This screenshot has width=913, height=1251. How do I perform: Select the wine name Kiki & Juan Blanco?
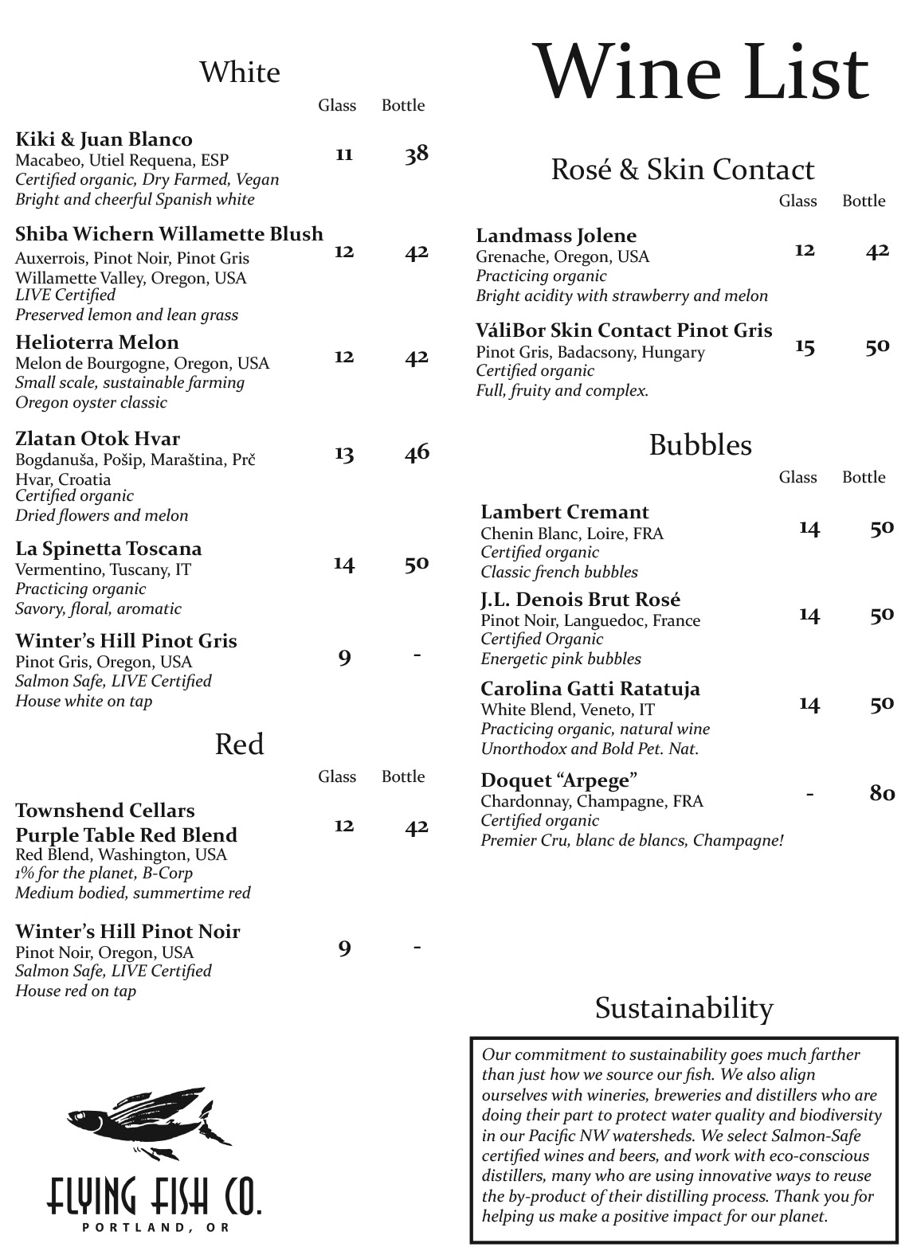click(x=104, y=139)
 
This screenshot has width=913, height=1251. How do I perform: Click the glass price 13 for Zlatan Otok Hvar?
click(x=343, y=453)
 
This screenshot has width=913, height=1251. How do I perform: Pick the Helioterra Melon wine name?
click(x=96, y=342)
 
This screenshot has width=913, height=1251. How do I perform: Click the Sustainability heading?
click(x=684, y=1008)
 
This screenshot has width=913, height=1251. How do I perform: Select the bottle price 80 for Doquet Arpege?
click(x=881, y=793)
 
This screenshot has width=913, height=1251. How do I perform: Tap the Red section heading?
click(x=239, y=745)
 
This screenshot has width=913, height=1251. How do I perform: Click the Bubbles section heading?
click(x=699, y=445)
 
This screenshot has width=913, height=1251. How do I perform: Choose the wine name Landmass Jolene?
click(x=556, y=236)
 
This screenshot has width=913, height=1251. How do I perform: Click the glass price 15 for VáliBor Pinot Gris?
click(x=805, y=346)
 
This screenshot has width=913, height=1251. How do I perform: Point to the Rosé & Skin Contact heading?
click(x=682, y=170)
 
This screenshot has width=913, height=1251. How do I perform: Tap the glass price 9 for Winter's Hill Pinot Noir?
click(x=344, y=948)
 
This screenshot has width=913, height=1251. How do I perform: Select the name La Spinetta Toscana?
click(x=108, y=549)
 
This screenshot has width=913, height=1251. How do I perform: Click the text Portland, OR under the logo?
click(x=155, y=1227)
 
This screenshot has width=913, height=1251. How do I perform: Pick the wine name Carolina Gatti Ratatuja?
click(x=590, y=689)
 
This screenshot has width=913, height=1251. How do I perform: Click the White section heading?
click(x=239, y=72)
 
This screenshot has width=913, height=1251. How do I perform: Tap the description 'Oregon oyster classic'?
click(x=91, y=402)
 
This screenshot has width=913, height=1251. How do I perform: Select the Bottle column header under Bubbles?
click(x=864, y=477)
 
